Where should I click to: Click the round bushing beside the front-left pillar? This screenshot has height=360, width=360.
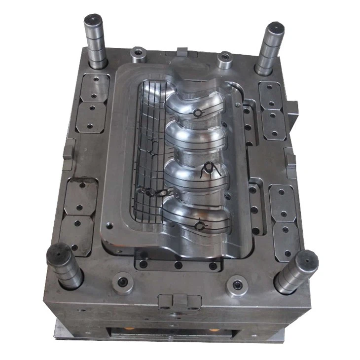coord(122,283)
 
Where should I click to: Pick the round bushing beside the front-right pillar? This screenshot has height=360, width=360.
coord(237,285)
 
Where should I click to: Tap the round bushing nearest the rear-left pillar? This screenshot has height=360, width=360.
coord(137,52)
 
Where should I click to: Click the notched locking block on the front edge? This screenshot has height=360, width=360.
coord(179,299)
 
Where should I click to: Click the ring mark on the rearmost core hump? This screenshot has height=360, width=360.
coord(197,113)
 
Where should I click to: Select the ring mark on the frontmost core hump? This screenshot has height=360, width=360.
coord(199,226)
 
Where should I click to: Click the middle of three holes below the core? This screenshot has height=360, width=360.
coord(179,265)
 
